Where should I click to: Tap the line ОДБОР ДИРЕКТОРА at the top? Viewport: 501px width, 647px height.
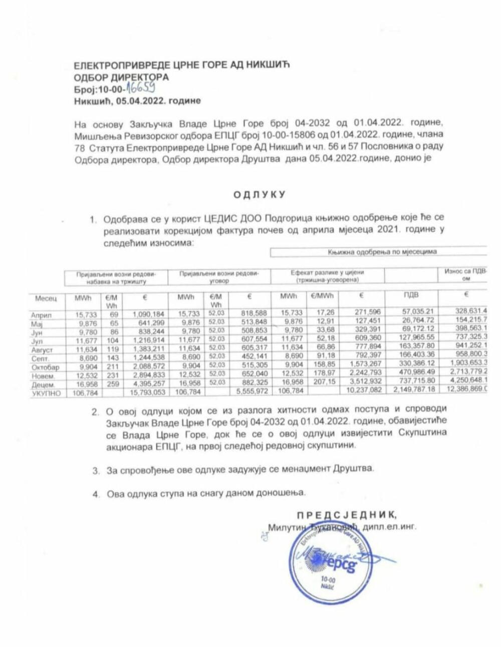[x=121, y=77]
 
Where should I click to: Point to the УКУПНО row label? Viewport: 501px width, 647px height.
[x=45, y=393]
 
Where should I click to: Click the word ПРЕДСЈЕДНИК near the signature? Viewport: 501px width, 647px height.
[x=343, y=515]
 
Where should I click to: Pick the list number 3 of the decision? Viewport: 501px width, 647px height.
[x=95, y=470]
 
